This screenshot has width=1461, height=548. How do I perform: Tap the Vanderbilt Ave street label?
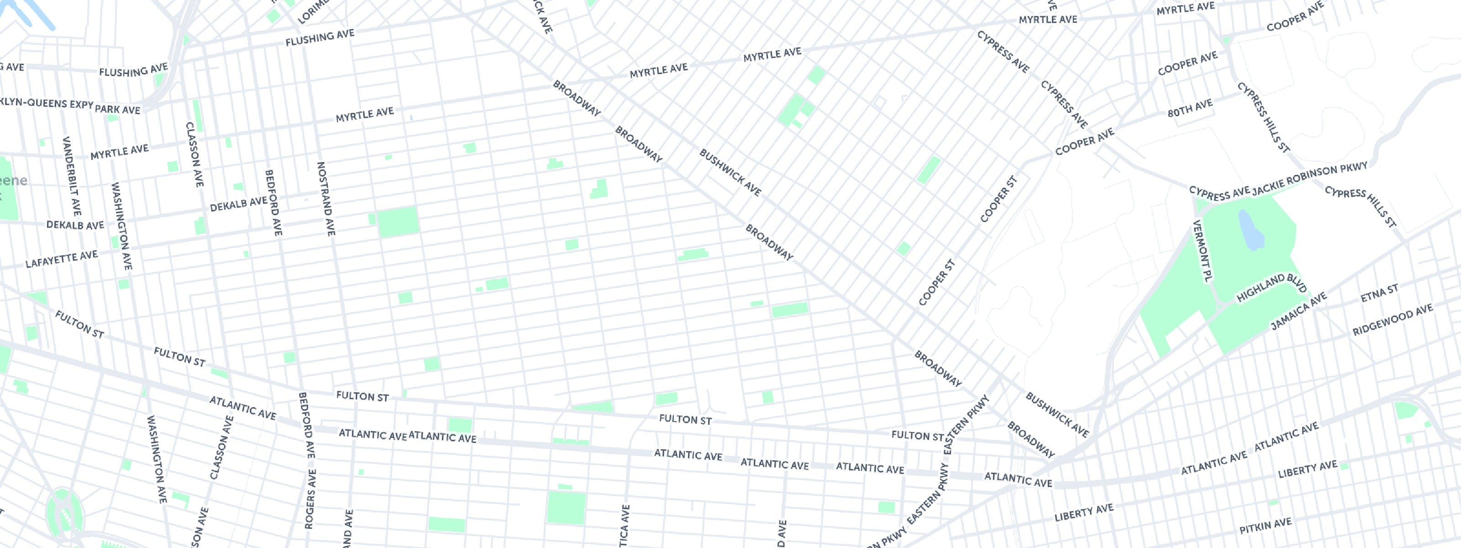click(x=72, y=176)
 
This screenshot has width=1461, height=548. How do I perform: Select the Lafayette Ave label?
click(x=62, y=260)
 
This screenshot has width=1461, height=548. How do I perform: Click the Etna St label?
click(x=1379, y=293)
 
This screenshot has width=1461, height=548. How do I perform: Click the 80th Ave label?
click(x=1190, y=107)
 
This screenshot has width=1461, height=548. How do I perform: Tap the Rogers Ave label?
click(x=310, y=499)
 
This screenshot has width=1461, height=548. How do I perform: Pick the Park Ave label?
click(x=117, y=109)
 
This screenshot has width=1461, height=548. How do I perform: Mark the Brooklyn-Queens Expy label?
click(x=45, y=104)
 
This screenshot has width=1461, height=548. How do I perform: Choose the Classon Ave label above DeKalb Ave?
click(x=194, y=154)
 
